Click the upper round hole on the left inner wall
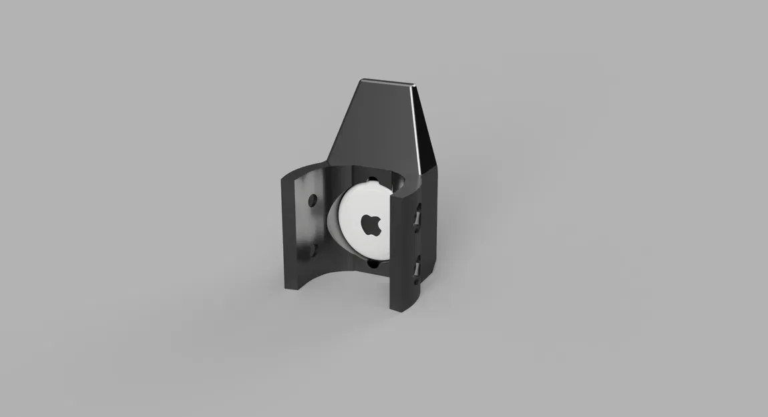(x=312, y=200)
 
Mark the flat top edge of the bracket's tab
(x=387, y=82)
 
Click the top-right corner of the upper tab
(x=417, y=85)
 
